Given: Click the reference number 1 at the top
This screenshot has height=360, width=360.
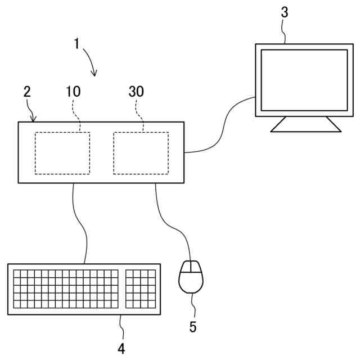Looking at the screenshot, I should coord(78,44).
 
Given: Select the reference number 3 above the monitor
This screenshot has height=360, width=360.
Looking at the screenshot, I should coord(285,12).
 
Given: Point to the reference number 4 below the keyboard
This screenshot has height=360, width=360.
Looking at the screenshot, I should coord(121,349).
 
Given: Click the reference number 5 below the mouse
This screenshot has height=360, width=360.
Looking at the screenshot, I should coord(193,327).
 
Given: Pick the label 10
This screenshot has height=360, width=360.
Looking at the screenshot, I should coord(73,92).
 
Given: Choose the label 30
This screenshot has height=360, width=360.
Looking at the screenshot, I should coord(136,92).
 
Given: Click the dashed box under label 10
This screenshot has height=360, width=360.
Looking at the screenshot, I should coord(62,153).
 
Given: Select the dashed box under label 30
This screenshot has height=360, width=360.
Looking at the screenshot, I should coord(141,153).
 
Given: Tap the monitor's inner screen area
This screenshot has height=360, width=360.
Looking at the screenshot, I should coord(304,80).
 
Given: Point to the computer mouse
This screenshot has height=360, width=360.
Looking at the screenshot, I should coord(191,277).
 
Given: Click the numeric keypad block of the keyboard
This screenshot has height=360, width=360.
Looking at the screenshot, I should coord(141,289).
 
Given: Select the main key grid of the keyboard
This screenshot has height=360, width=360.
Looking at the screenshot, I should coord(66,289).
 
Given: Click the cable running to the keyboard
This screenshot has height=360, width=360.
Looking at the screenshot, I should coord(82,225).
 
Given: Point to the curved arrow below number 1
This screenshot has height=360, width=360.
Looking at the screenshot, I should coord(90,62).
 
